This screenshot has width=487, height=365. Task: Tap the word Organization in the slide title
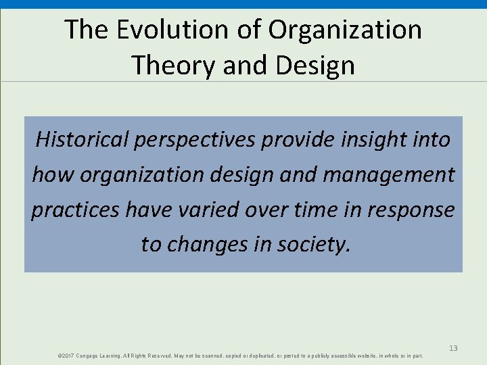[345, 30]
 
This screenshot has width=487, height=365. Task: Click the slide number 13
[453, 348]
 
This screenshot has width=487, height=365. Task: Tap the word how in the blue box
[53, 174]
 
